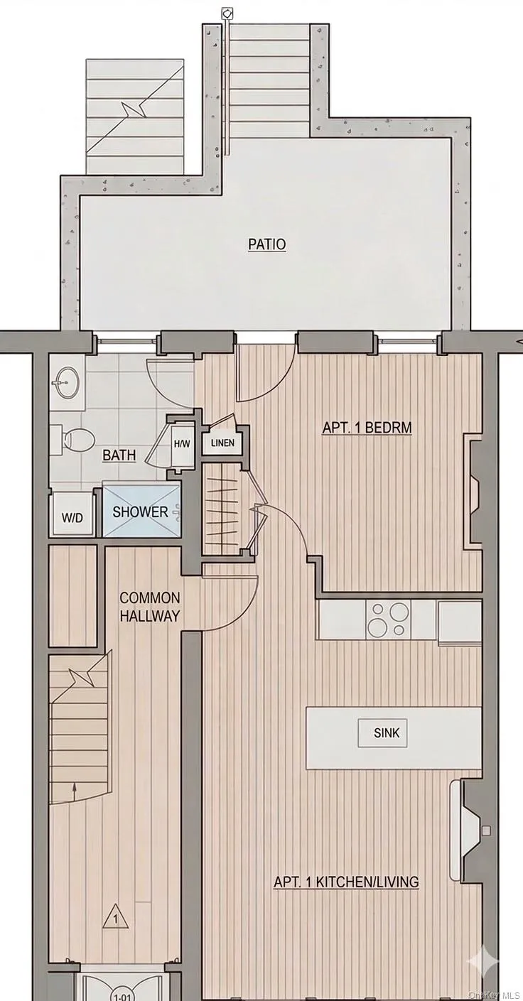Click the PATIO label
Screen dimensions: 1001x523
click(266, 244)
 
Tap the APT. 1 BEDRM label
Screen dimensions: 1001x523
click(367, 428)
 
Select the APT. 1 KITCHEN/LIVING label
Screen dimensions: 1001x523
click(346, 882)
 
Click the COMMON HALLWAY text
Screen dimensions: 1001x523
click(149, 607)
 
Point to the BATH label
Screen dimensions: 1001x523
click(119, 455)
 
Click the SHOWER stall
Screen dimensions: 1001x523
click(140, 512)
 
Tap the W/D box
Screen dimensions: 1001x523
click(72, 517)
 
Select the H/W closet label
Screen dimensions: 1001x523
click(182, 444)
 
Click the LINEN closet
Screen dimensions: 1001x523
click(222, 444)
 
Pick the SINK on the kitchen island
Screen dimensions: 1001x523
click(387, 732)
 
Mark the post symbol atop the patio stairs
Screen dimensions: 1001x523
click(227, 13)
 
